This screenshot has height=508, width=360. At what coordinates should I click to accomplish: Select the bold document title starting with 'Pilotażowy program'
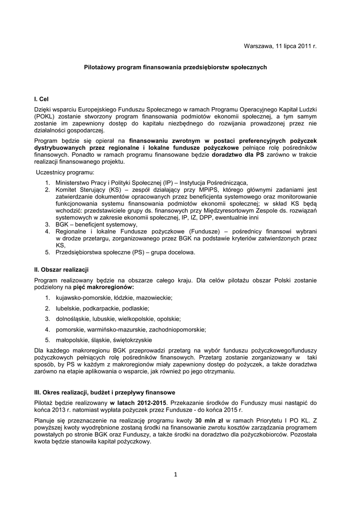(x=175, y=66)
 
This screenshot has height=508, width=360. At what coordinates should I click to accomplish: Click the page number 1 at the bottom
(x=175, y=474)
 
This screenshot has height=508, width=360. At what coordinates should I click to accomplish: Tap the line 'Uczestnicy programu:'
(x=65, y=172)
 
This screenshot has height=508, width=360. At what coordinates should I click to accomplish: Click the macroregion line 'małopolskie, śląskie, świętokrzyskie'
(x=103, y=340)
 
